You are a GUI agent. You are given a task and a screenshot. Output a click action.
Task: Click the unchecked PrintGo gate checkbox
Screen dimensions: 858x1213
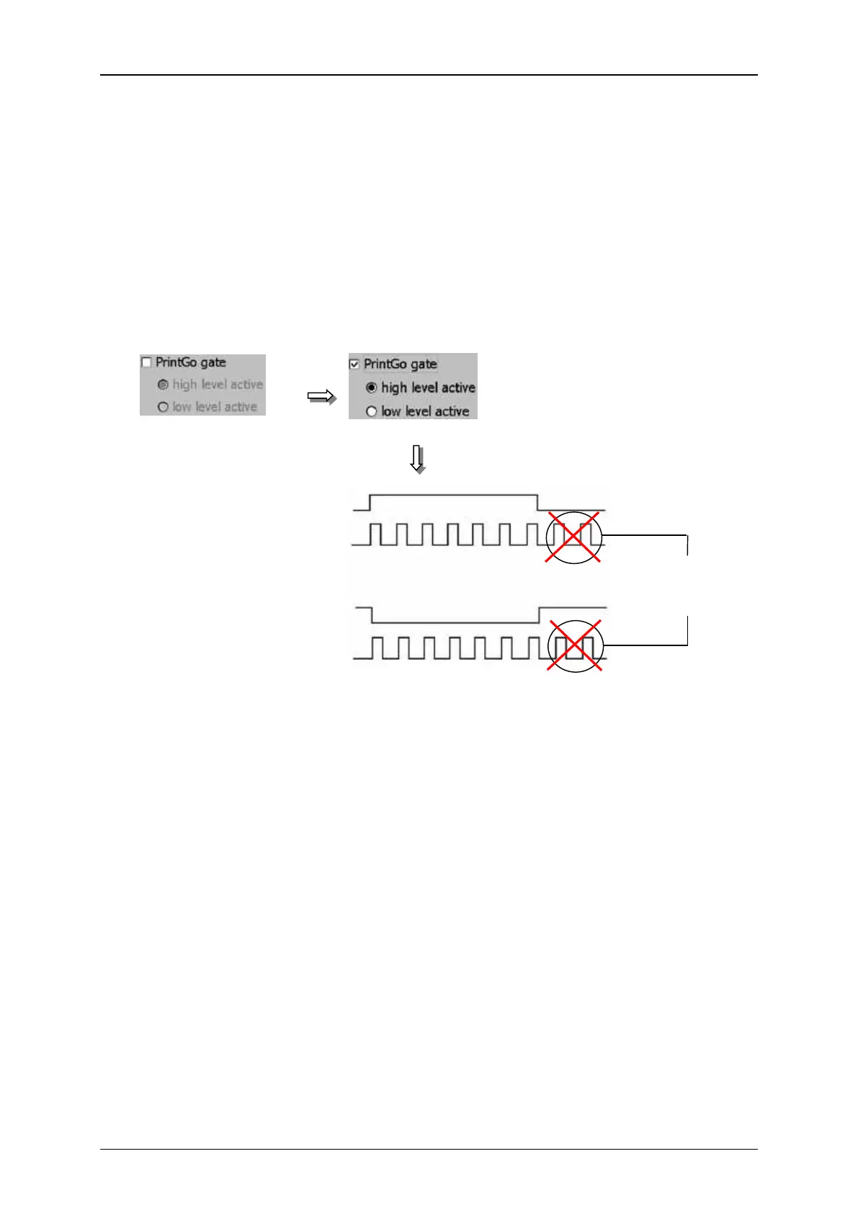(x=147, y=362)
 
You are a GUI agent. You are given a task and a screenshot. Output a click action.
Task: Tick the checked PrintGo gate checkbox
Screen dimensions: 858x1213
(x=354, y=364)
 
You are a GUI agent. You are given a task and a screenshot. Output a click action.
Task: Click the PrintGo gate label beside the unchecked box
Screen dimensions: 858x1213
(x=190, y=362)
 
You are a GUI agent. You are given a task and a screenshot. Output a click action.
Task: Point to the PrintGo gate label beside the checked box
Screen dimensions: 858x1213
(x=400, y=364)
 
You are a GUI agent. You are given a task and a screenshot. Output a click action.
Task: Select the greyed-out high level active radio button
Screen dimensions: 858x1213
(x=163, y=385)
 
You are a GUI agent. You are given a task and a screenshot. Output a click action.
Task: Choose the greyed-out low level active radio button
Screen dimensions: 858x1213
(x=163, y=407)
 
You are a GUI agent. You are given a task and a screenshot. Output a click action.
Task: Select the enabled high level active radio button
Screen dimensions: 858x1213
(x=372, y=388)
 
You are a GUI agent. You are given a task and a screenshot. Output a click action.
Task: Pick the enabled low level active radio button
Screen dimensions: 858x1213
(x=372, y=411)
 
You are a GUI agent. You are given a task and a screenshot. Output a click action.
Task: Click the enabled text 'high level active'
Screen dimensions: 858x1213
(x=428, y=388)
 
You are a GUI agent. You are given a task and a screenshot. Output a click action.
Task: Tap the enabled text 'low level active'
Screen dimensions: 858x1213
(x=425, y=411)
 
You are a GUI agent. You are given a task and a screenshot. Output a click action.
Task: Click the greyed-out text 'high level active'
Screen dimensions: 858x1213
(x=218, y=385)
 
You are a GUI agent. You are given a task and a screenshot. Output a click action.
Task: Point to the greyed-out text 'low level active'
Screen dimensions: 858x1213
(x=215, y=407)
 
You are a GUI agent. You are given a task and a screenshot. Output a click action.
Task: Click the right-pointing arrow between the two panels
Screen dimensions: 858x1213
(x=321, y=397)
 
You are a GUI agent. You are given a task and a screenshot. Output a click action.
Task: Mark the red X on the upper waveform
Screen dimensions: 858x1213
(x=573, y=537)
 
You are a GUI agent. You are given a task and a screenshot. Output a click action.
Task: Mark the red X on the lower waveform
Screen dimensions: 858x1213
(x=574, y=645)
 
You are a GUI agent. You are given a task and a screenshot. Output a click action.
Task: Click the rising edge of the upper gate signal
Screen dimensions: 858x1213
(x=370, y=503)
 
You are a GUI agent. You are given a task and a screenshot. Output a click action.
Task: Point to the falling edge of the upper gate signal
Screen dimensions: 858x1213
(x=539, y=503)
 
